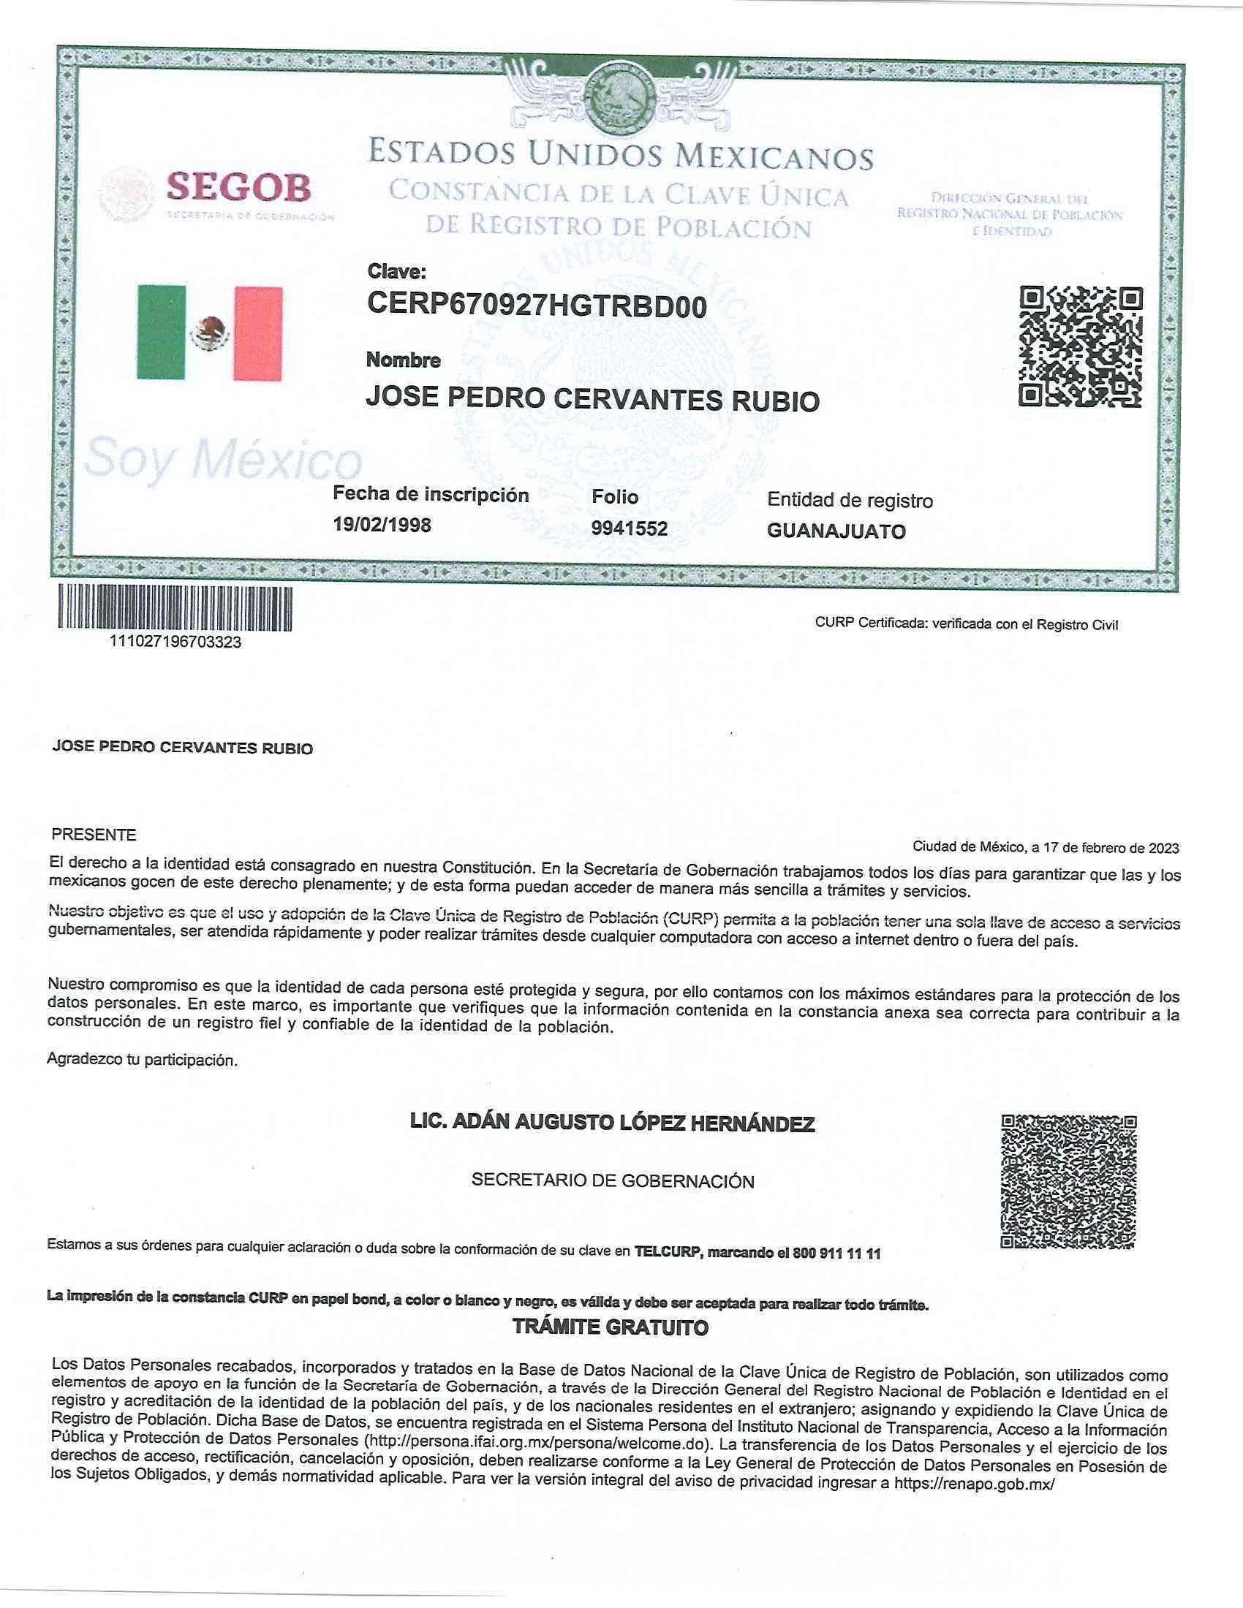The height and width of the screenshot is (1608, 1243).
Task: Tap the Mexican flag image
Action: point(210,333)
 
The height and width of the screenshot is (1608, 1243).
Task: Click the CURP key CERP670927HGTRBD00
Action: point(537,304)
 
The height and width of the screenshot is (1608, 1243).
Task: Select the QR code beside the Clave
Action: point(1080,346)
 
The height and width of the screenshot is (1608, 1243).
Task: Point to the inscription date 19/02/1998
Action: point(382,525)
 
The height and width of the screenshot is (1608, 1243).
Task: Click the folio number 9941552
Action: point(630,528)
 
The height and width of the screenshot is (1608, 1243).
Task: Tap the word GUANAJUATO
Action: point(836,531)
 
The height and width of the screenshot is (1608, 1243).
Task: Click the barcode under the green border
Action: point(175,608)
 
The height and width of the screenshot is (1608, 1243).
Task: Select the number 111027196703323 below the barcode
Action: point(175,641)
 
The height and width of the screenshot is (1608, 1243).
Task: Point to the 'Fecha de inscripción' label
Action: point(431,494)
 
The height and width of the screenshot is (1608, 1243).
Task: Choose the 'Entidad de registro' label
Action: point(850,501)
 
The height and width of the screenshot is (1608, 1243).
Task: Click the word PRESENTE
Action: point(94,835)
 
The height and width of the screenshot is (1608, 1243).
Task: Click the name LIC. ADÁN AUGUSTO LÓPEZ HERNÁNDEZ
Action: point(612,1123)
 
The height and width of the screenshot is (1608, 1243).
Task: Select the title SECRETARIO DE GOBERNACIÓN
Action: point(613,1181)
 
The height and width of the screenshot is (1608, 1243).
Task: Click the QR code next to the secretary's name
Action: point(1068,1182)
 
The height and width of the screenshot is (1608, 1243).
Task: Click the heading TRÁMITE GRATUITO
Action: point(611,1327)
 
